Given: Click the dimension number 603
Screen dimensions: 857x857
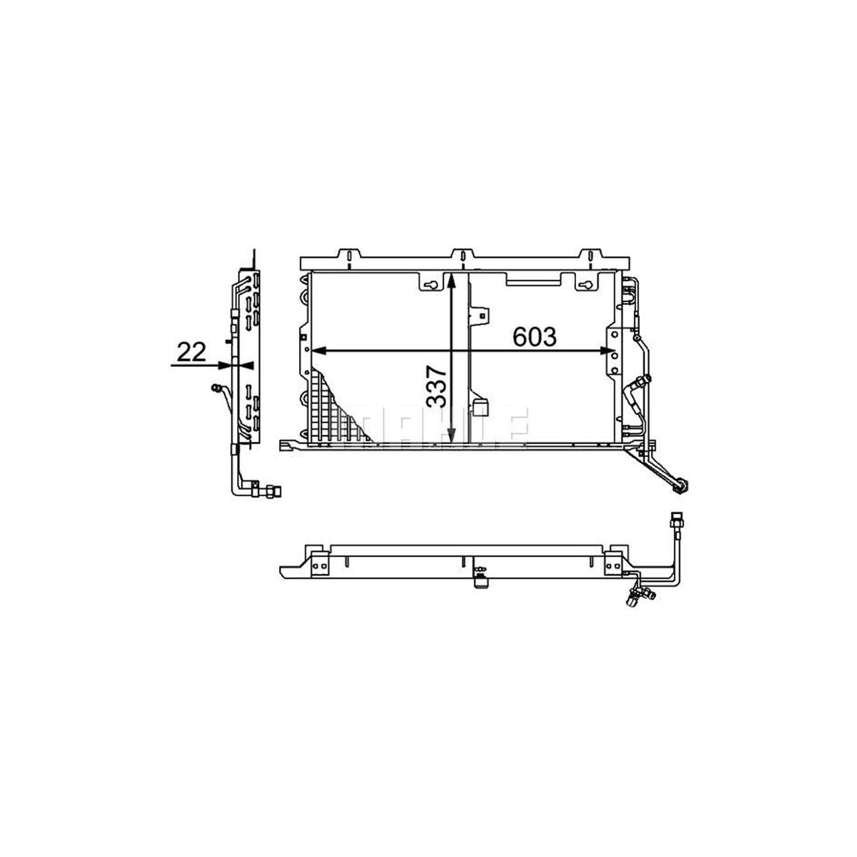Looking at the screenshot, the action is (534, 337).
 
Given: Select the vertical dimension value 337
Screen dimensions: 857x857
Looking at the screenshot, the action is (437, 388).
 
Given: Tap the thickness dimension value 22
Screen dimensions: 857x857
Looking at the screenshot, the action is (191, 352).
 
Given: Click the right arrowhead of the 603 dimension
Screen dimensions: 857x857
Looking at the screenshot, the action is (608, 350).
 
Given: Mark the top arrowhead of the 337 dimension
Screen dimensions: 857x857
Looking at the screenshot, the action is (451, 281).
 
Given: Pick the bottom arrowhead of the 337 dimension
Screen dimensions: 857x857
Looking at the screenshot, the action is (451, 434).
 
